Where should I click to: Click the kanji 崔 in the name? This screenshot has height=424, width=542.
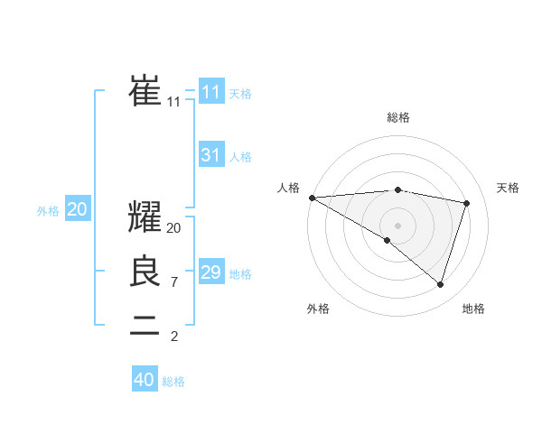[x=145, y=90]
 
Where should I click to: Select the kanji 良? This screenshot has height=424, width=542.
[x=145, y=272]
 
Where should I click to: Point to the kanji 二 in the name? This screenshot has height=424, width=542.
[x=145, y=326]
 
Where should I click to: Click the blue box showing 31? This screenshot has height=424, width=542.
[x=210, y=155]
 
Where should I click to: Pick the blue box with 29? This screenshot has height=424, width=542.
[x=210, y=272]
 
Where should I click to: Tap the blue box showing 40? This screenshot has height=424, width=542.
[x=145, y=380]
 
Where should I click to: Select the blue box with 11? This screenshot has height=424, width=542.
[x=210, y=92]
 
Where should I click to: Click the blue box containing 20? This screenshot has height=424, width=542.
[x=78, y=209]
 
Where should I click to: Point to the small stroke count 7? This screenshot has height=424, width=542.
[x=173, y=282]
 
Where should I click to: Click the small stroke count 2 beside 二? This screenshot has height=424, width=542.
[x=173, y=336]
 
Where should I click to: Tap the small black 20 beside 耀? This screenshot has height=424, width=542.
[x=173, y=228]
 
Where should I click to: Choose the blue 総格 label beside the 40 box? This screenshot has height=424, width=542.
[x=173, y=382]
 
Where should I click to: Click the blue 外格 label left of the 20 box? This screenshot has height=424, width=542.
[x=48, y=211]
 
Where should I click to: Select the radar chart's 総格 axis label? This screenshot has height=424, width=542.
[x=398, y=117]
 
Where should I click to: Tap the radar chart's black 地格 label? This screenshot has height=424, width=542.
[x=473, y=309]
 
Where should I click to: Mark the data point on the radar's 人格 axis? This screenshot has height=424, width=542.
[x=312, y=198]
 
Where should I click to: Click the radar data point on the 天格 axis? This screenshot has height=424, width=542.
[x=467, y=203]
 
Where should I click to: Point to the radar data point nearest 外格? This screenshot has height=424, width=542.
[x=388, y=240]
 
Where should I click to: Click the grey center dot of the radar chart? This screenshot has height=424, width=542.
[x=398, y=225]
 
